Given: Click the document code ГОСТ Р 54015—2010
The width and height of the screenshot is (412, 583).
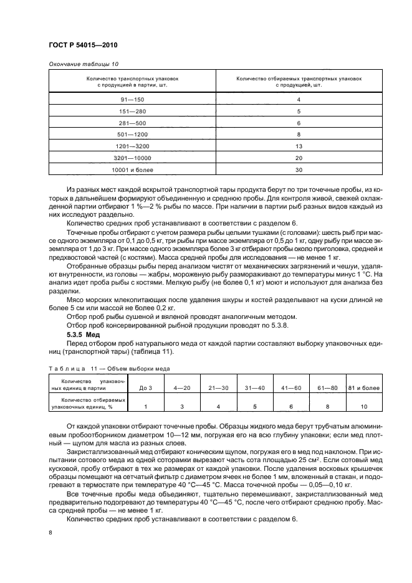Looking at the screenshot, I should [x=82, y=46].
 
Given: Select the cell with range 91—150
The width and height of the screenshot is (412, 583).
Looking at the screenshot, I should [x=132, y=100].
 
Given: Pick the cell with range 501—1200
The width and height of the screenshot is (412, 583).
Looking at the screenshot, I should [x=132, y=134].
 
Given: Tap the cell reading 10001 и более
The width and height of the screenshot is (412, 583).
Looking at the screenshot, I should [x=132, y=169].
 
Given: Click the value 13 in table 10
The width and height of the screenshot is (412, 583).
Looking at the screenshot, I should [x=299, y=146].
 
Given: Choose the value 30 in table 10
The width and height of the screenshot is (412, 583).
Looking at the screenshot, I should [x=299, y=169].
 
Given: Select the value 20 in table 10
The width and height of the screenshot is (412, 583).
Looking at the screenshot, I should [x=299, y=158].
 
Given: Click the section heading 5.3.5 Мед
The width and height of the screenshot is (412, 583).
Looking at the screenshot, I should [x=83, y=334].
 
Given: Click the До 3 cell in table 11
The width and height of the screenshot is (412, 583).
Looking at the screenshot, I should [x=146, y=387].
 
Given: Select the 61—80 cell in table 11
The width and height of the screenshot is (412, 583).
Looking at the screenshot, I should [x=327, y=387].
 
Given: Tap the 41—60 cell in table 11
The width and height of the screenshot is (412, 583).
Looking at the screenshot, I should [x=290, y=387].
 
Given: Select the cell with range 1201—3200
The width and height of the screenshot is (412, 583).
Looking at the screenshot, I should [x=132, y=146].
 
